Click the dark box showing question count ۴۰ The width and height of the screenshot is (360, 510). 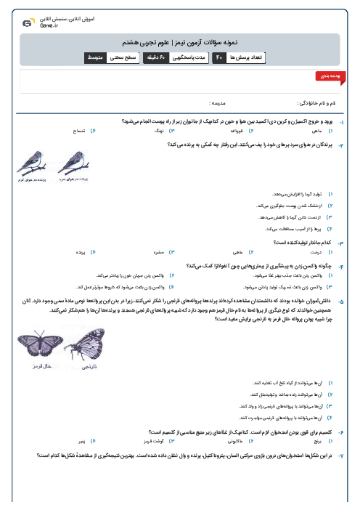(218, 57)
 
